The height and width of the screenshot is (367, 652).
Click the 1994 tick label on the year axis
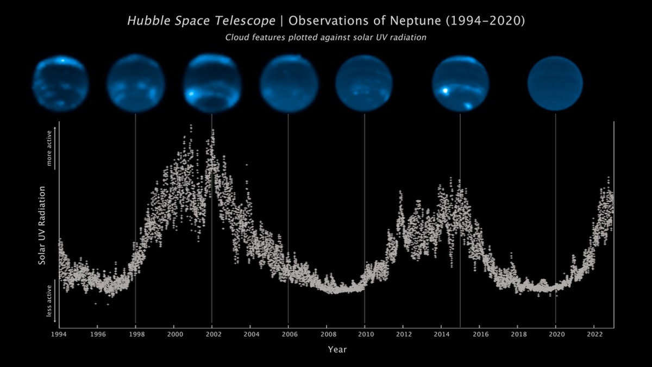pos(59,333)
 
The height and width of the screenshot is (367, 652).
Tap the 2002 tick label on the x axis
pos(212,333)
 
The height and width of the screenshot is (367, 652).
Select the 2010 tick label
pos(365,333)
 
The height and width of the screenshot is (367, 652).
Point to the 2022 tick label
pos(594,333)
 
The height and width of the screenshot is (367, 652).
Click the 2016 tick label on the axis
pos(480,333)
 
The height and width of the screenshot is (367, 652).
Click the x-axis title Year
pos(336,350)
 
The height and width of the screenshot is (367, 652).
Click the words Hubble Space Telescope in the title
pos(201,21)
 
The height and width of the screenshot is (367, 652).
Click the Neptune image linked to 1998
pos(135,83)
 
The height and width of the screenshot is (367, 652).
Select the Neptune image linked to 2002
pos(212,83)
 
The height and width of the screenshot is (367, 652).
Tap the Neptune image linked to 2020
pos(555,83)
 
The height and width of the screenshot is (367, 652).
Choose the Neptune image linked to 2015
pos(460,83)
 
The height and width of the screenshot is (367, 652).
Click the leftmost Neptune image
pos(60,83)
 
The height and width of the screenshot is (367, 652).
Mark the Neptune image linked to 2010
pos(364,83)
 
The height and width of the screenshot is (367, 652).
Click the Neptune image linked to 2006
pos(288,83)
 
